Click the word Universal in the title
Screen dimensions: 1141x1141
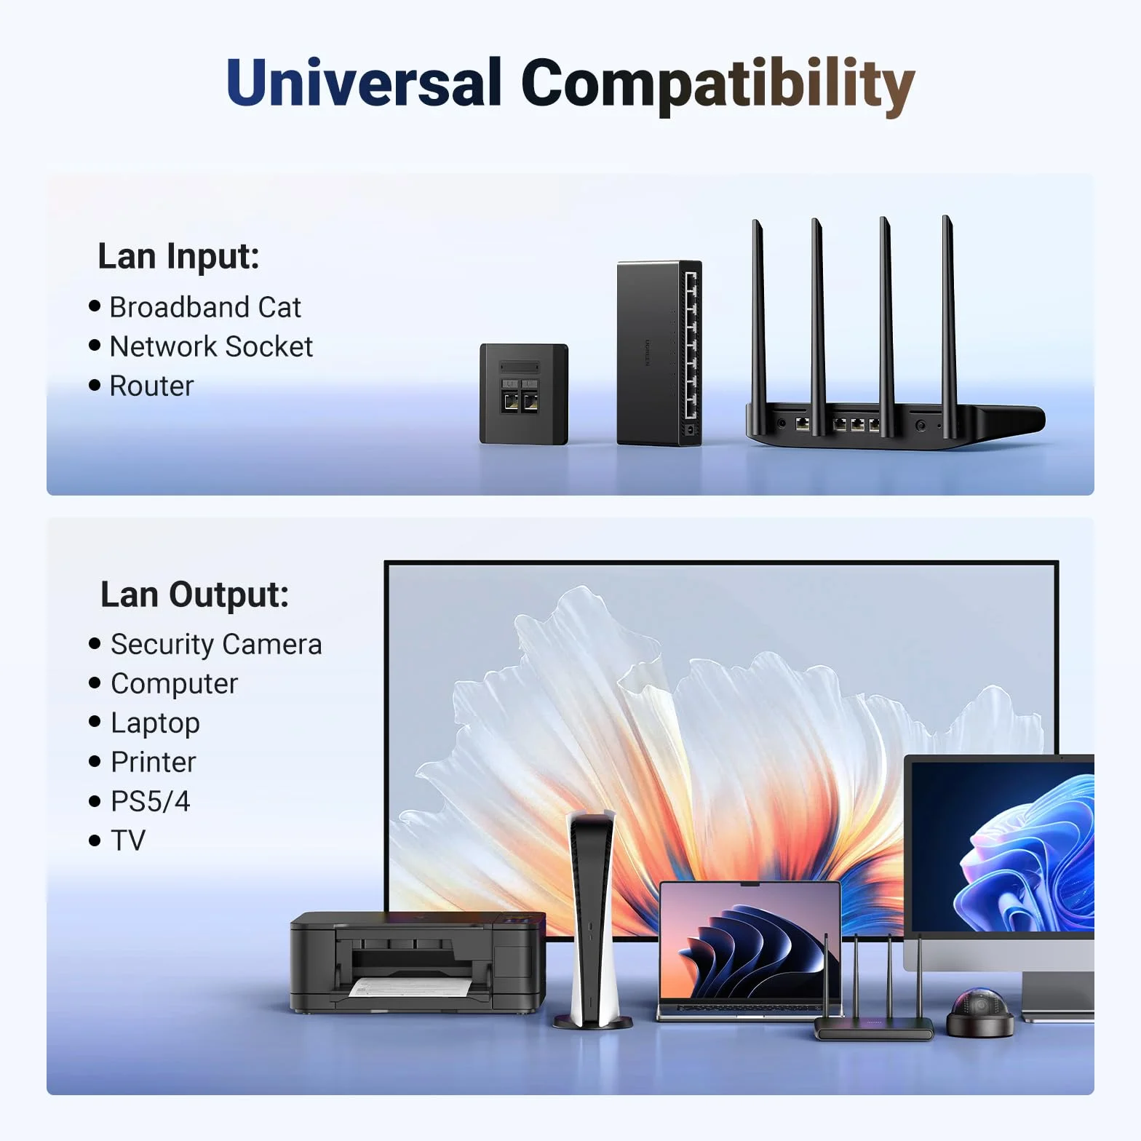pyautogui.click(x=364, y=81)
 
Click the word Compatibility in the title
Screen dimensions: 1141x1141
pyautogui.click(x=717, y=86)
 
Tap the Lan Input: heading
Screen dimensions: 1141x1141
pyautogui.click(x=178, y=256)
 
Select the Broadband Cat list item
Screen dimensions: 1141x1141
pyautogui.click(x=204, y=307)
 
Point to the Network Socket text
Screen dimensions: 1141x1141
pyautogui.click(x=211, y=346)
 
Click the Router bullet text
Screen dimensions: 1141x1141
pyautogui.click(x=151, y=386)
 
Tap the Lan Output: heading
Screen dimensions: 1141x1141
pyautogui.click(x=194, y=595)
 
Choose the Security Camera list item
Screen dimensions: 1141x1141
pyautogui.click(x=216, y=645)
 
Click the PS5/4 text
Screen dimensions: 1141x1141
pyautogui.click(x=150, y=801)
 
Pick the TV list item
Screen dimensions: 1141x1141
pyautogui.click(x=128, y=840)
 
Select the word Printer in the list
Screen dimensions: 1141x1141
pyautogui.click(x=154, y=762)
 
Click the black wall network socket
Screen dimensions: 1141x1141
pyautogui.click(x=524, y=394)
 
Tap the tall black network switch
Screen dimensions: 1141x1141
pyautogui.click(x=659, y=353)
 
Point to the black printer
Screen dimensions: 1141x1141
pyautogui.click(x=418, y=962)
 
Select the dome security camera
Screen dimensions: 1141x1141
pyautogui.click(x=979, y=1012)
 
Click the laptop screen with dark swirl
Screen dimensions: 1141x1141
pyautogui.click(x=750, y=942)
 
